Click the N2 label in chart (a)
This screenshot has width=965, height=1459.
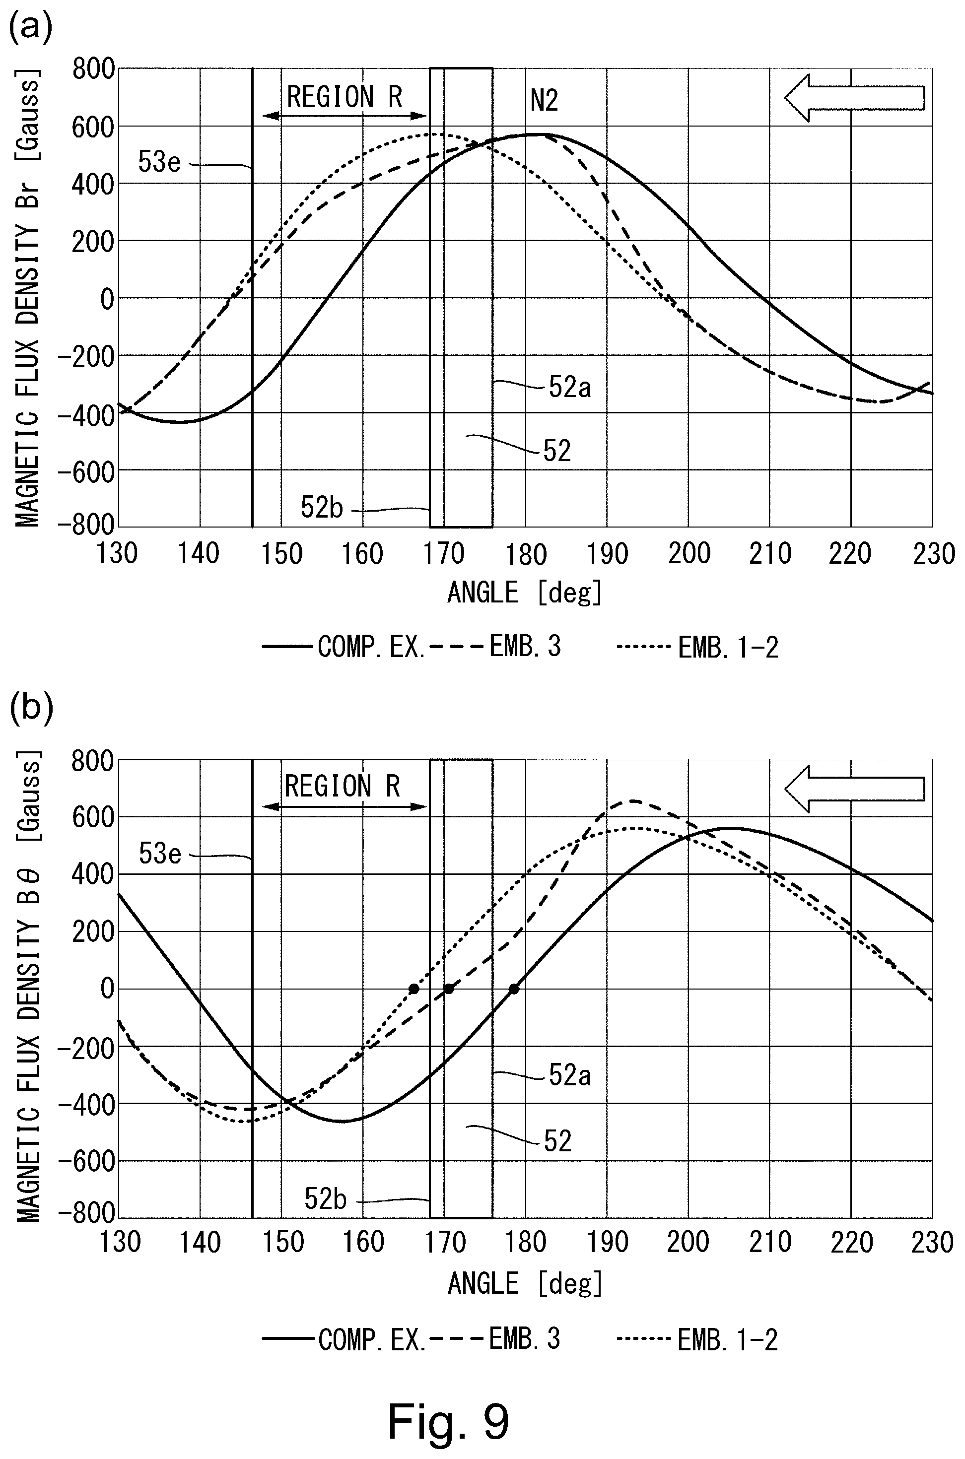pyautogui.click(x=544, y=101)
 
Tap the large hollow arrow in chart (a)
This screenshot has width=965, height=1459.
pyautogui.click(x=854, y=98)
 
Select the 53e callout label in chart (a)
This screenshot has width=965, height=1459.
pyautogui.click(x=159, y=162)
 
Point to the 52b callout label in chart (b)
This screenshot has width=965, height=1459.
pyautogui.click(x=325, y=1197)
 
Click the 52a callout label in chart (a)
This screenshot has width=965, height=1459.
pyautogui.click(x=569, y=388)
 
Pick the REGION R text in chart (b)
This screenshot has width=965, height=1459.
pyautogui.click(x=342, y=786)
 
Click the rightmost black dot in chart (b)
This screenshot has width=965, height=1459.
pyautogui.click(x=514, y=989)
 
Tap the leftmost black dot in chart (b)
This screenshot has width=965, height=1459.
pyautogui.click(x=414, y=989)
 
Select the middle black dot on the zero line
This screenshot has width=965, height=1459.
pyautogui.click(x=449, y=989)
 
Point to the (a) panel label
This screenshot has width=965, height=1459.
pyautogui.click(x=30, y=28)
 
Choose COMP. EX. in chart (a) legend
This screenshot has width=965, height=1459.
pyautogui.click(x=371, y=647)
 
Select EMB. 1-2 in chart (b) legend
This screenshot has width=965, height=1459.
pyautogui.click(x=727, y=1339)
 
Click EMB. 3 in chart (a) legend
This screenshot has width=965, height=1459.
pyautogui.click(x=525, y=647)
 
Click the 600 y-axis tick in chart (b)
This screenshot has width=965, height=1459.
pyautogui.click(x=93, y=817)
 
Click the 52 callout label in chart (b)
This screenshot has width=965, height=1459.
pyautogui.click(x=557, y=1141)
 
